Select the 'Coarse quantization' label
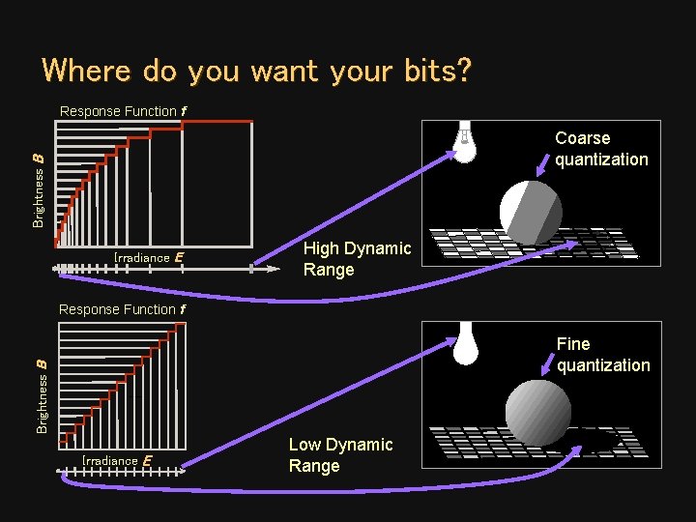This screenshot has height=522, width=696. click(601, 149)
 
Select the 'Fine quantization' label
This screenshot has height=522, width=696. click(603, 355)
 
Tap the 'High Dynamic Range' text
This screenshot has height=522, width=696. click(357, 259)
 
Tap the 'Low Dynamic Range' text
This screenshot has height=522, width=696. click(340, 455)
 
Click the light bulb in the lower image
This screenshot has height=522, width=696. click(466, 343)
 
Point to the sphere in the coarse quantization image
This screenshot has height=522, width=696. click(530, 211)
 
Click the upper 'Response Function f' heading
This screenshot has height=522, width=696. click(123, 111)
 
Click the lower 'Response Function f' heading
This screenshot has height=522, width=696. click(123, 309)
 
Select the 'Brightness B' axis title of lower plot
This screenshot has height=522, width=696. click(42, 394)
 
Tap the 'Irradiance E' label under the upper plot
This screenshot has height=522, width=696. click(148, 257)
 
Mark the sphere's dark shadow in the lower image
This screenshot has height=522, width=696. click(592, 441)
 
